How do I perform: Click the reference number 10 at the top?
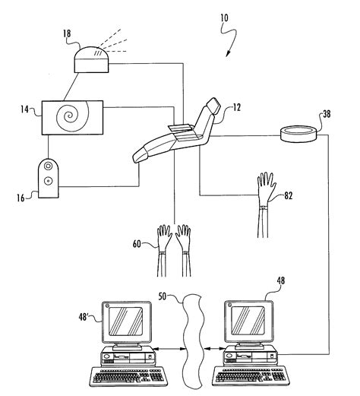[224, 17]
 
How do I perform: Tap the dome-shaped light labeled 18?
[91, 60]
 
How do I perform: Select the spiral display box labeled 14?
[72, 118]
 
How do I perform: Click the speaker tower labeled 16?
[49, 179]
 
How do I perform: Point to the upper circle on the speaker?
[48, 166]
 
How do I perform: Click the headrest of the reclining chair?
[213, 106]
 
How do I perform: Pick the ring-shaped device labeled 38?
[298, 135]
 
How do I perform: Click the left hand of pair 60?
[163, 250]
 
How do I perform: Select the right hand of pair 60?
[185, 250]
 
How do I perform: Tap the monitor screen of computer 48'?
[125, 322]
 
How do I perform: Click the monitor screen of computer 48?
[248, 321]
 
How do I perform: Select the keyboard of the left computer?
[129, 377]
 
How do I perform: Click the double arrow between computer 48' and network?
[169, 349]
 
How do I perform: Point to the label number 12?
[236, 108]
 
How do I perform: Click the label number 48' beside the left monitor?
[84, 317]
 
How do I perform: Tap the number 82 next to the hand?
[288, 195]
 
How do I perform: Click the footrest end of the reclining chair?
[140, 155]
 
